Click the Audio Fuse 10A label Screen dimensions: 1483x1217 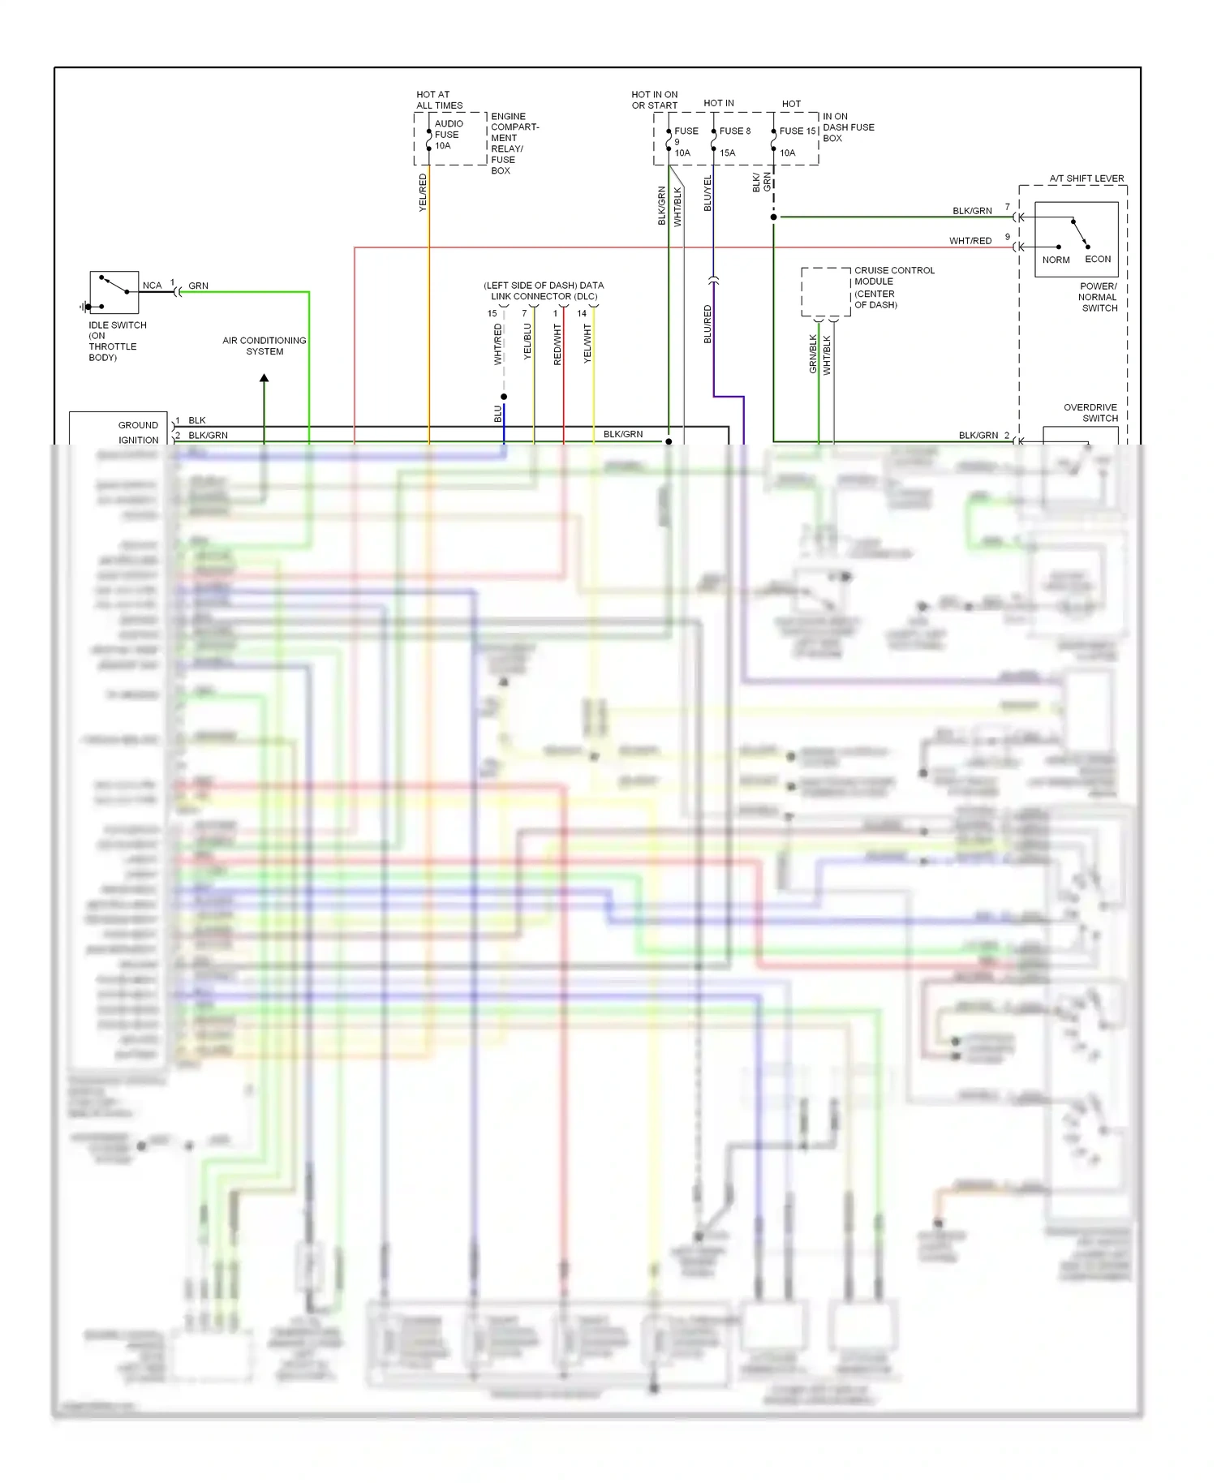tap(448, 135)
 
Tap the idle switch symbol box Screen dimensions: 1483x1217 tap(114, 292)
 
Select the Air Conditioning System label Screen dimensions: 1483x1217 tap(264, 346)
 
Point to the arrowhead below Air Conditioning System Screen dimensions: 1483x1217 tap(264, 378)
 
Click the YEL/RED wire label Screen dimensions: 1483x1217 tap(422, 193)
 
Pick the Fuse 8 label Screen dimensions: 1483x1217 tap(734, 131)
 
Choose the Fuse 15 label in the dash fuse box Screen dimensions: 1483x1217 tap(797, 131)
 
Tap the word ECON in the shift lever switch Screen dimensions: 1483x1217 tap(1098, 260)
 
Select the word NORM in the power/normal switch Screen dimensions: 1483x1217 tap(1056, 260)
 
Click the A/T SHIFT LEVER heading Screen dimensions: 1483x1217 tap(1086, 178)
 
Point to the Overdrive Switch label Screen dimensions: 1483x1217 tap(1090, 413)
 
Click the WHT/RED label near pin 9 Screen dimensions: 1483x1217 tap(970, 241)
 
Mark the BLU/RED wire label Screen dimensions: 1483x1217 tap(707, 324)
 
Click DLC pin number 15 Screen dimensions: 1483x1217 tap(492, 313)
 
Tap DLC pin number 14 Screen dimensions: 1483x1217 tap(582, 313)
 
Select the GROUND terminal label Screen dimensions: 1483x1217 tap(138, 425)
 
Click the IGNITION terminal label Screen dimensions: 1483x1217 tap(138, 441)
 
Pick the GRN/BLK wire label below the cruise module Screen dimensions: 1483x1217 tap(812, 354)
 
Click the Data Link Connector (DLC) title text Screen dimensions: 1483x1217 tap(544, 290)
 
